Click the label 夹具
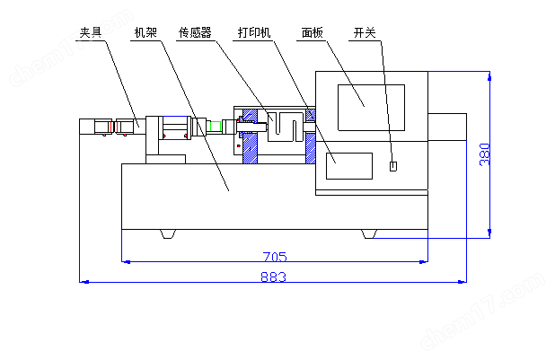coord(91,33)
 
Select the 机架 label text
coord(145,33)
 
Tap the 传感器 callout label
coord(195,33)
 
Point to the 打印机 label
coord(254,33)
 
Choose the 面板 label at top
coord(311,33)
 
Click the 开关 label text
coord(365,33)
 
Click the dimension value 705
coord(275,256)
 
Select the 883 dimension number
coord(273,277)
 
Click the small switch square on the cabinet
coord(392,165)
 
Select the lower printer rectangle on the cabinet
coord(348,166)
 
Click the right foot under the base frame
coord(369,234)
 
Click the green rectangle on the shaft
coord(212,127)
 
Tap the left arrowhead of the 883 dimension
coord(84,282)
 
